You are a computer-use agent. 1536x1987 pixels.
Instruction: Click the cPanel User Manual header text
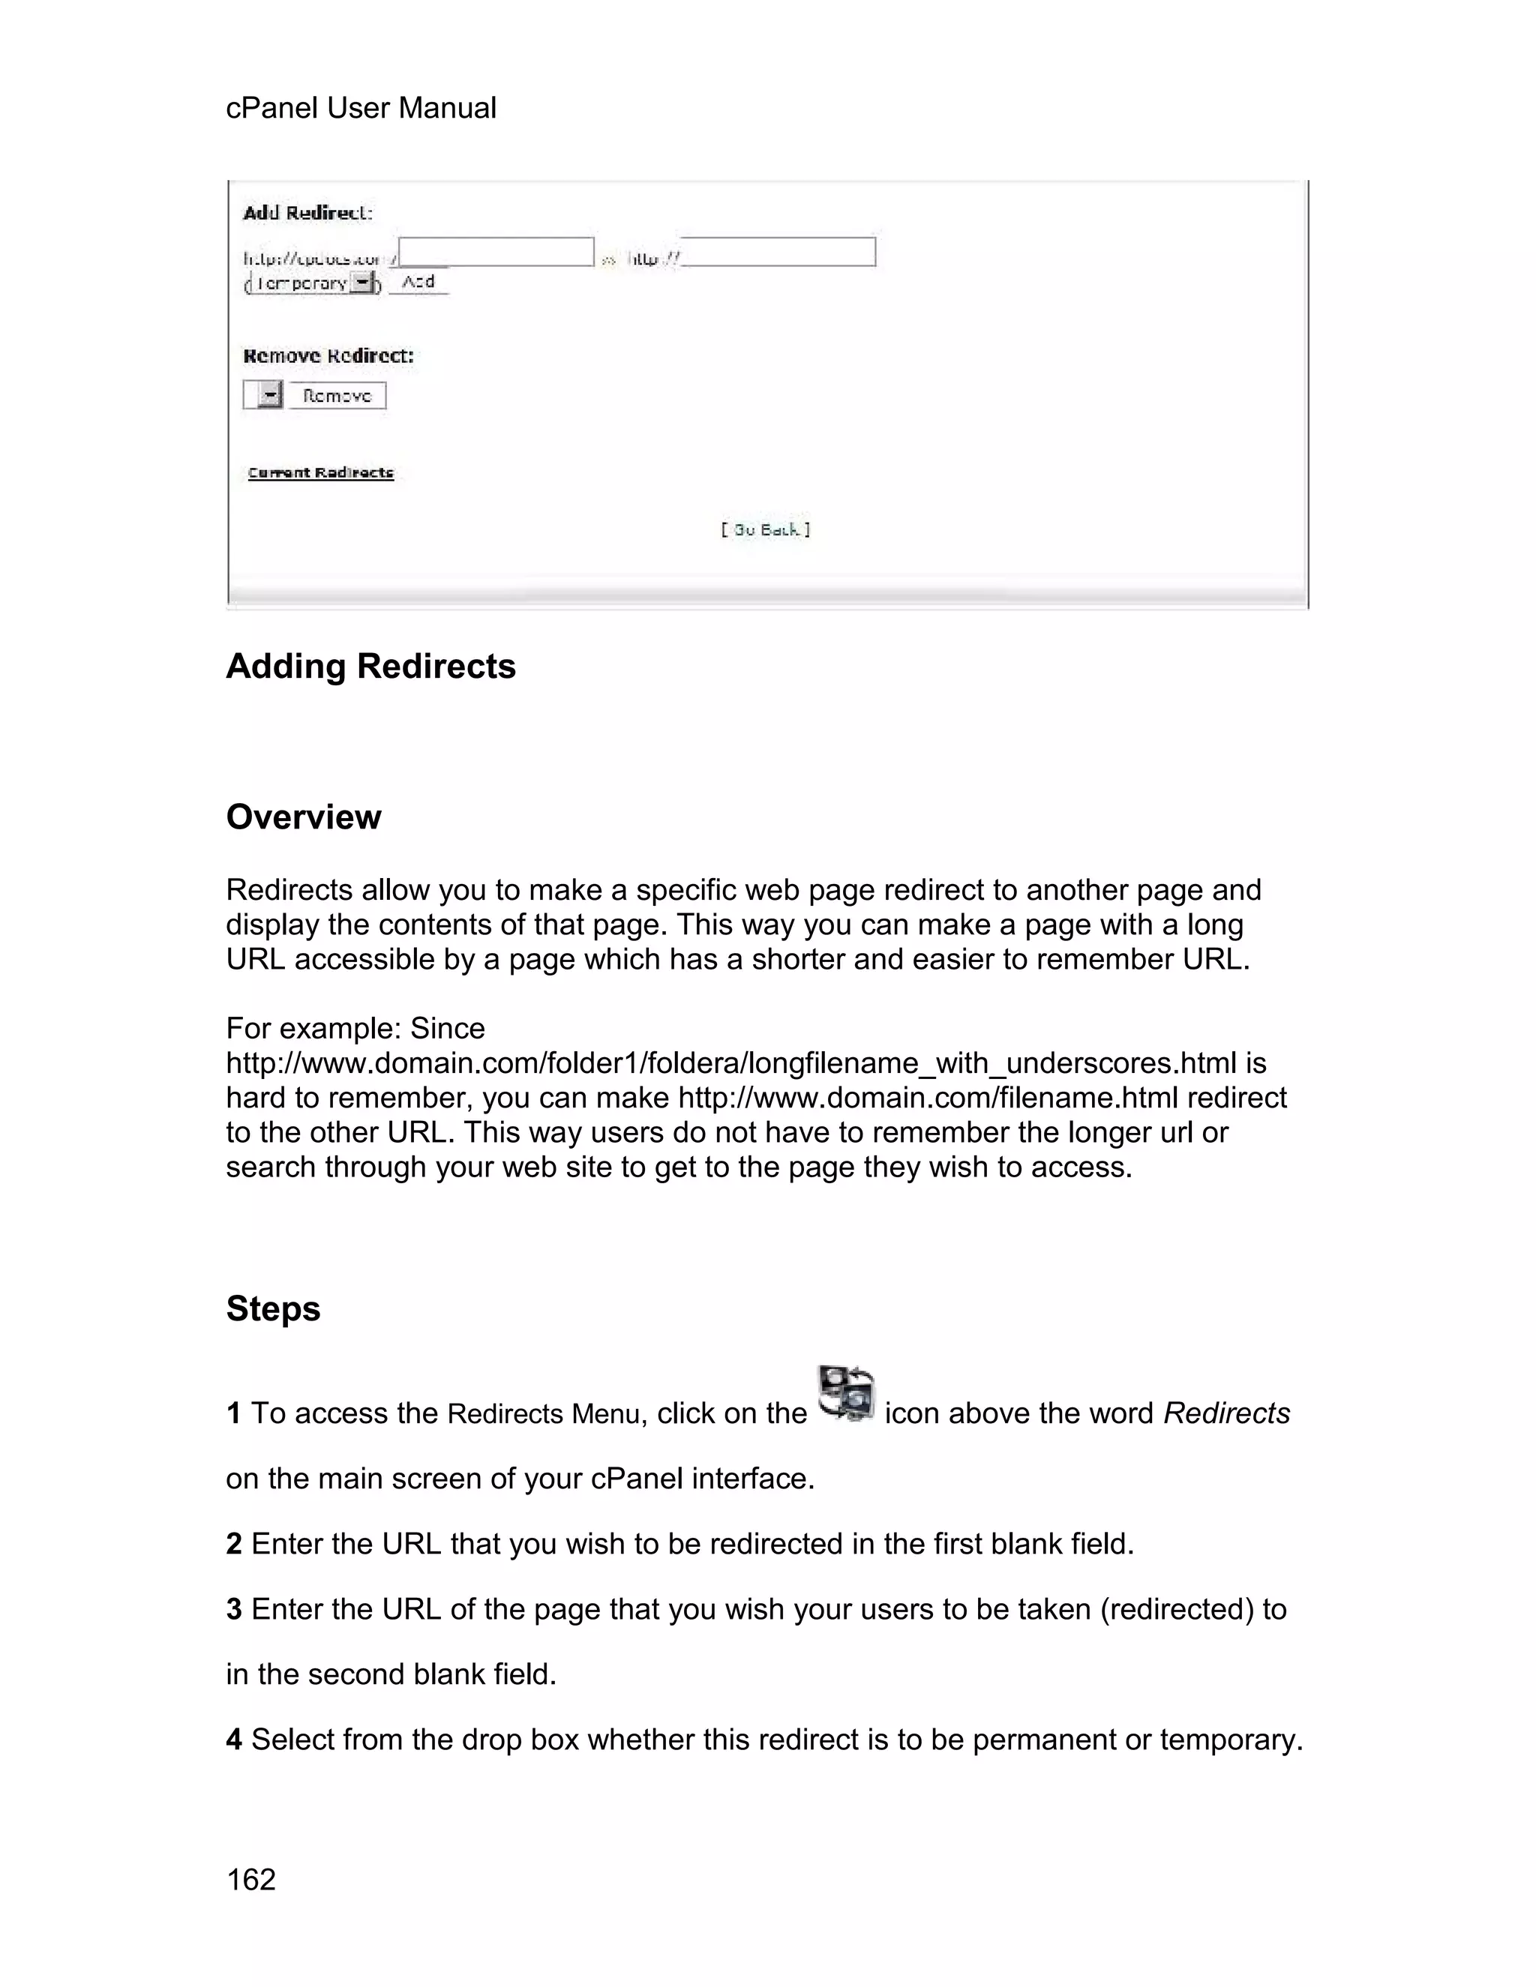point(360,108)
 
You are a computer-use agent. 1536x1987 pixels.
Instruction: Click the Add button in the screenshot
point(418,282)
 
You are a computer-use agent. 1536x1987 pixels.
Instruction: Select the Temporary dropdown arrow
point(363,284)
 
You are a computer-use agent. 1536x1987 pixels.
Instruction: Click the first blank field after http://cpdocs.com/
point(496,252)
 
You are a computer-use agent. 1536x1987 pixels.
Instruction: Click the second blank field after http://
point(779,252)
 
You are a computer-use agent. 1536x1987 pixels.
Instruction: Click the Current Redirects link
point(320,473)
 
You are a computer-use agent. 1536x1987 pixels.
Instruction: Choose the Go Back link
point(765,529)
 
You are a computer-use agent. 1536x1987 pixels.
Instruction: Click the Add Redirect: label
point(307,213)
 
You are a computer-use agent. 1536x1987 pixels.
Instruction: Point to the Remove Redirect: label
point(328,355)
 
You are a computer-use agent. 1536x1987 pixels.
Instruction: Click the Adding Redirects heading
point(370,667)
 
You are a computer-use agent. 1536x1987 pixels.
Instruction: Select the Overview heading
point(303,817)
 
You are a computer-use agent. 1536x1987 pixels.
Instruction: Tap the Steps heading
point(273,1309)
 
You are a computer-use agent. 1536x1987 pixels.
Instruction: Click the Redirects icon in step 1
point(845,1394)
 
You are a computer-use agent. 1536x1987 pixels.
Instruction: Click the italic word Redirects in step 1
point(1225,1413)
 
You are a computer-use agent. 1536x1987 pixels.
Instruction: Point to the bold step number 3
point(234,1609)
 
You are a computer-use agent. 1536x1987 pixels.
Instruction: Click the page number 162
point(250,1880)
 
